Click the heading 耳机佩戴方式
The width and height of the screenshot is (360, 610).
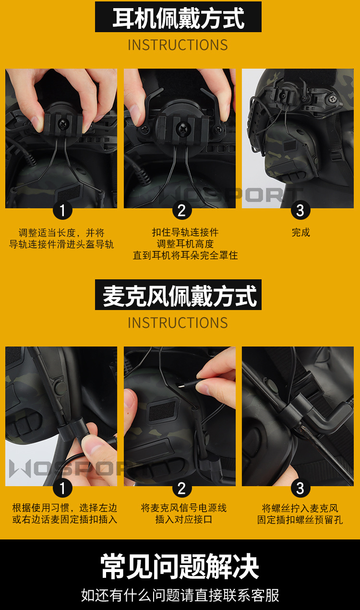tap(178, 18)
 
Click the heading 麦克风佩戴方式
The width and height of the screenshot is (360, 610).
tap(178, 295)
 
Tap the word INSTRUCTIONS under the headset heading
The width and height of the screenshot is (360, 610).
tap(178, 45)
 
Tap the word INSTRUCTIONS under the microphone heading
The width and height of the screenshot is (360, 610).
tap(178, 323)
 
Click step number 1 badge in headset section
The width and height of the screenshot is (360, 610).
tap(62, 210)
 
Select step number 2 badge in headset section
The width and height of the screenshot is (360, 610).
tap(181, 210)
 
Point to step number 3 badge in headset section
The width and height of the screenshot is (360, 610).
tap(300, 210)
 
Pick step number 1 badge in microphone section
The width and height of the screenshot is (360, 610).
tap(62, 489)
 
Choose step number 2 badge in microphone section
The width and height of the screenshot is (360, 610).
tap(181, 489)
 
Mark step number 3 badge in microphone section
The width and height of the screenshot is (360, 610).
tap(300, 489)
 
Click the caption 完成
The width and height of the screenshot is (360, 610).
tap(301, 233)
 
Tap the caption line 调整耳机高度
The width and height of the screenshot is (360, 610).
tap(185, 244)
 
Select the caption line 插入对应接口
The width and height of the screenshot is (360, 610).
tap(184, 519)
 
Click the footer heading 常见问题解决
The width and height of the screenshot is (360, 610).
tap(180, 567)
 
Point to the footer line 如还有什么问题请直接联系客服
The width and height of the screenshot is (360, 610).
tap(180, 596)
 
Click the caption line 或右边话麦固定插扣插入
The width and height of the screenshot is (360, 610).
tap(65, 519)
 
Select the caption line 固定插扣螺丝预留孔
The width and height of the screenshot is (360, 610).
tap(300, 520)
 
